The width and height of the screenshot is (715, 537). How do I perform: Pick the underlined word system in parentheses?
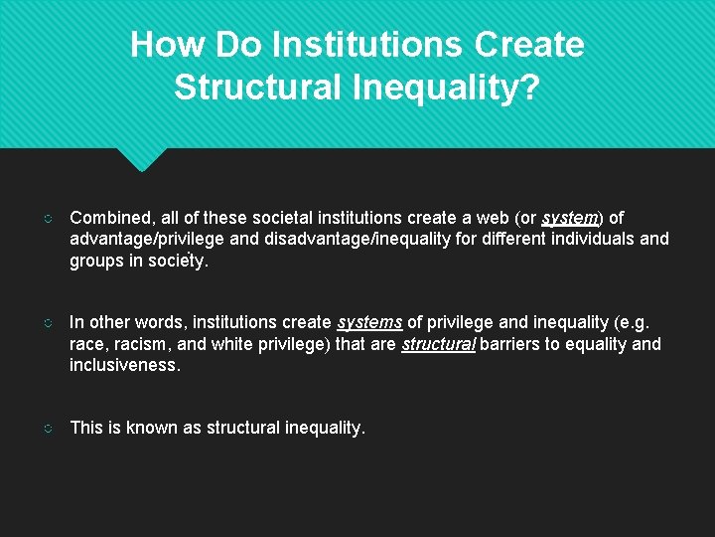pyautogui.click(x=569, y=217)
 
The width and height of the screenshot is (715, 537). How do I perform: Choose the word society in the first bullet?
pyautogui.click(x=177, y=261)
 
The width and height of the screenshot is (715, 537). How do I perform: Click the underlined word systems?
pyautogui.click(x=369, y=322)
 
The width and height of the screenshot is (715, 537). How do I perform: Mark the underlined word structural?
pyautogui.click(x=438, y=344)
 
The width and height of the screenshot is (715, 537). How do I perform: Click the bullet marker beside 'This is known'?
pyautogui.click(x=49, y=428)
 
